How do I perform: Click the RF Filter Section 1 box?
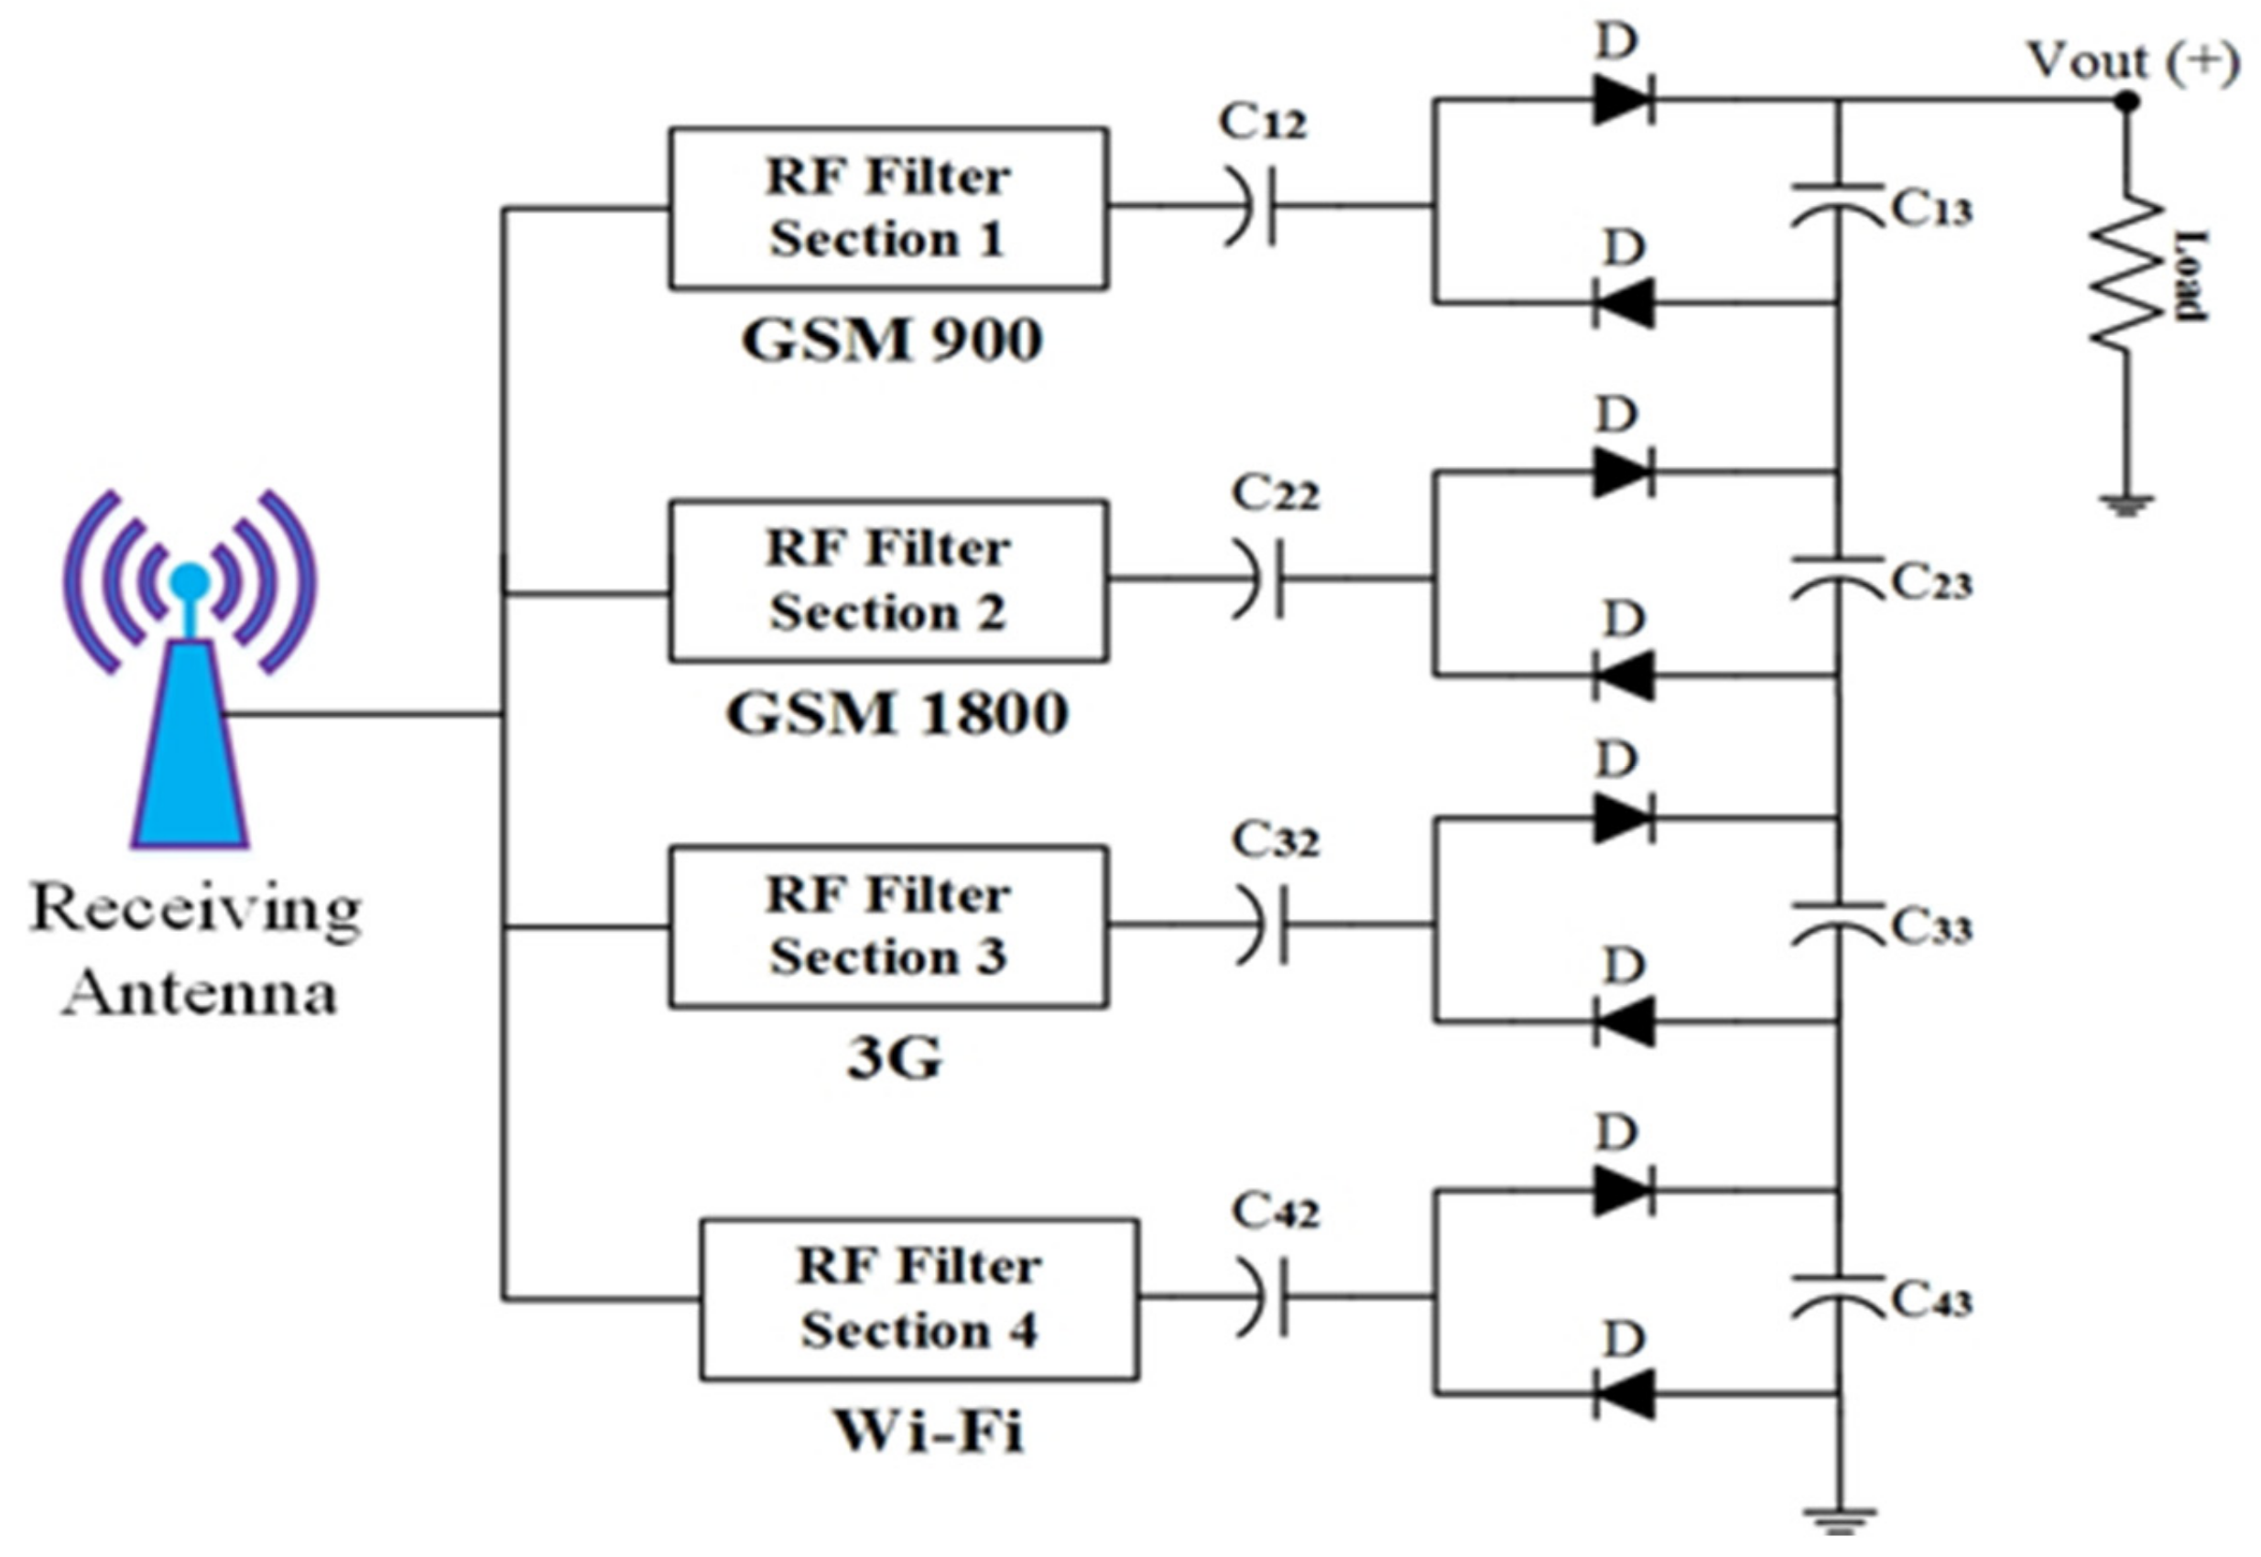[887, 208]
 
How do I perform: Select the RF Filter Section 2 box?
[887, 581]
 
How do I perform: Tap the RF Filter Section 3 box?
[887, 925]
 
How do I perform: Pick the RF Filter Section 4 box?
[919, 1299]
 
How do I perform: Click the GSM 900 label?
[891, 341]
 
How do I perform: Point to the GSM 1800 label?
[896, 714]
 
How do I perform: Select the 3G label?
[893, 1058]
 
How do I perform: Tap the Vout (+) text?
[2132, 60]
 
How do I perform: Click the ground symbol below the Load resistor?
[2126, 505]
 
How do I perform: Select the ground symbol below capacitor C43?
[1839, 1519]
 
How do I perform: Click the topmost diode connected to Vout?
[1621, 100]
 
